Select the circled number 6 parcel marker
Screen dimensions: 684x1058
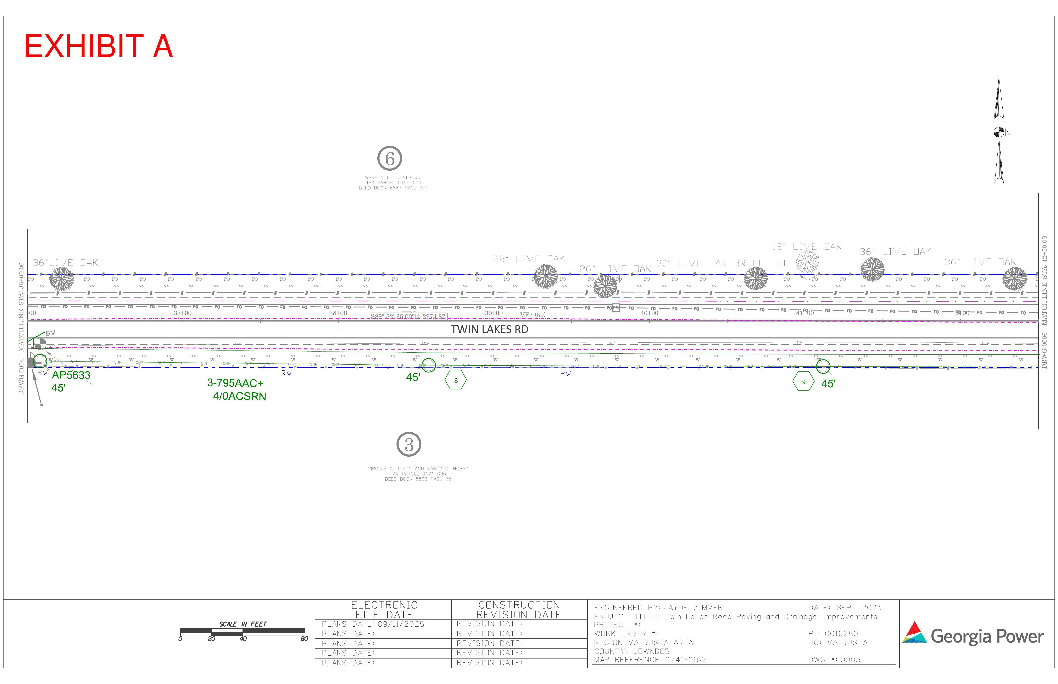[x=390, y=159]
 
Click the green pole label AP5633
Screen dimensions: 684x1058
[x=71, y=375]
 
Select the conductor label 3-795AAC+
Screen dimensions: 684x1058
[x=235, y=383]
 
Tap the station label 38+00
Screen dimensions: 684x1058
[x=338, y=313]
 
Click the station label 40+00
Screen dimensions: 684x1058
[x=650, y=313]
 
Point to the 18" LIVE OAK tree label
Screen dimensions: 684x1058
[x=806, y=246]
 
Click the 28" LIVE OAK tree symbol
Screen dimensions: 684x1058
[x=545, y=276]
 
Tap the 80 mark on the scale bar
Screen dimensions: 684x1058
[x=304, y=639]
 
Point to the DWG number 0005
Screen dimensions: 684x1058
[x=850, y=660]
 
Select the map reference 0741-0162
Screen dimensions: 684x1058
[x=685, y=660]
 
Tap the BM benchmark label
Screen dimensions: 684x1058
[x=51, y=333]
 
